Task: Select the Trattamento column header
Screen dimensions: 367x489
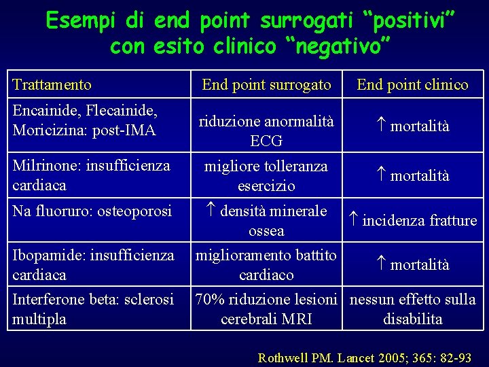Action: pyautogui.click(x=52, y=85)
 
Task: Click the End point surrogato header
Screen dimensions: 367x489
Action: pyautogui.click(x=266, y=84)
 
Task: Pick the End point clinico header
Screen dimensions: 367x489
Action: pyautogui.click(x=412, y=84)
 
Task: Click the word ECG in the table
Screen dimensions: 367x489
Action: pyautogui.click(x=266, y=141)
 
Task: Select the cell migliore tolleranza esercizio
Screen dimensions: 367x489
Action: pyautogui.click(x=266, y=176)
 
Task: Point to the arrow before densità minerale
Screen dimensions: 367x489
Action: pyautogui.click(x=210, y=211)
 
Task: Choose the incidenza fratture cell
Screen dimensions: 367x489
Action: pyautogui.click(x=412, y=220)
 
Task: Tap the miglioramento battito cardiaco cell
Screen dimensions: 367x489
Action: pyautogui.click(x=266, y=265)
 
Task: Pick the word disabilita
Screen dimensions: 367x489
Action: pyautogui.click(x=412, y=319)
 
